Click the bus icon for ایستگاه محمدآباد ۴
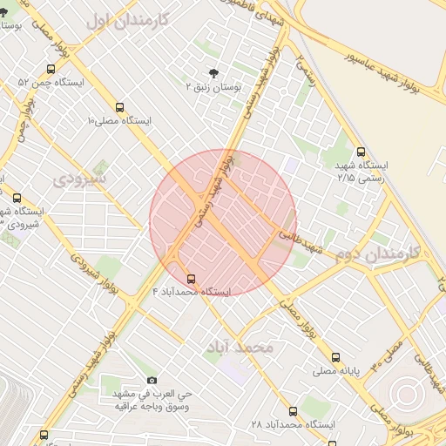coord(191,279)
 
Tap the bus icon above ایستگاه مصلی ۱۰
coord(119,108)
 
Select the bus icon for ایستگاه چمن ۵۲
coord(51,69)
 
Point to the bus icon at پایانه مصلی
coord(335,357)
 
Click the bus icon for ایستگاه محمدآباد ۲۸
coord(293,411)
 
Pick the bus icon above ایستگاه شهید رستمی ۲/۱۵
coord(362,152)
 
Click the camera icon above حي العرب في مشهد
coord(152,380)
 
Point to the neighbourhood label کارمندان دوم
coord(377,254)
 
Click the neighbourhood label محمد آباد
coord(240,348)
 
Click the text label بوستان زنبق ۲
coord(213,87)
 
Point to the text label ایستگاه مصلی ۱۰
coord(119,121)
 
